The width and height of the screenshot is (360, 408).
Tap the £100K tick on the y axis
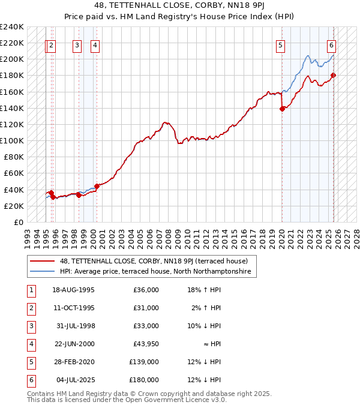(x=11, y=140)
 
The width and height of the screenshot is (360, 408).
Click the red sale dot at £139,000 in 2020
(x=282, y=109)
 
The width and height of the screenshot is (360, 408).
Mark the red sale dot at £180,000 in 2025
(x=334, y=75)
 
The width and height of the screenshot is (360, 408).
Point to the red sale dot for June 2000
(x=97, y=186)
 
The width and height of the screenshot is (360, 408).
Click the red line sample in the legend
(x=43, y=261)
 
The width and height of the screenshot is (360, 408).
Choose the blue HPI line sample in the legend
(x=43, y=272)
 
